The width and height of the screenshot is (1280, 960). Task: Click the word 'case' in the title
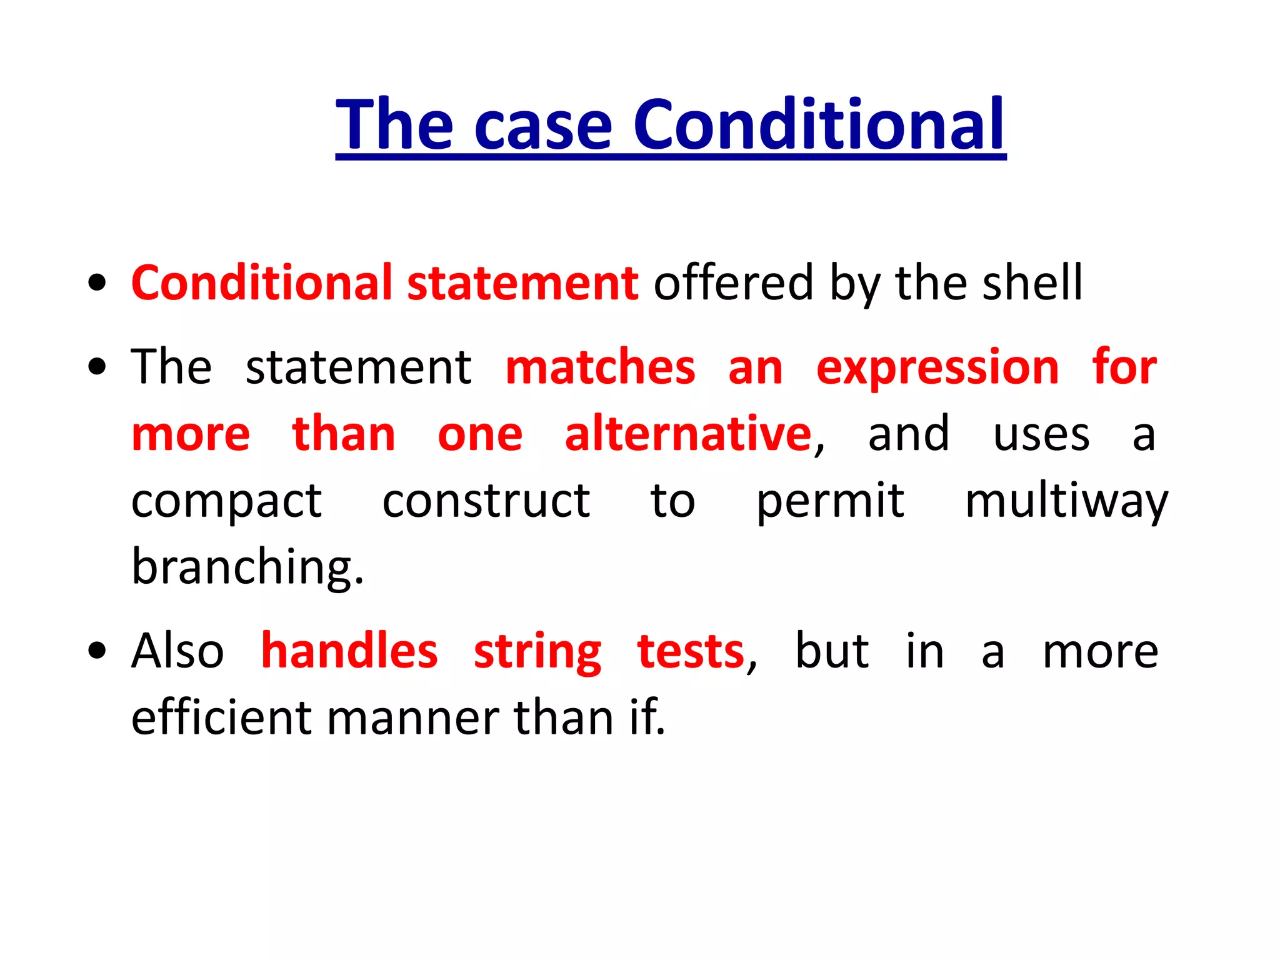542,127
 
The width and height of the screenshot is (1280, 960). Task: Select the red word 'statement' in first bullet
522,283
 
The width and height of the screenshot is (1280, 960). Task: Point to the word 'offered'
733,283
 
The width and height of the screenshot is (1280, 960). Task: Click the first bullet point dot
97,283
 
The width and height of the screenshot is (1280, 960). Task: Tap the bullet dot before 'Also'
97,651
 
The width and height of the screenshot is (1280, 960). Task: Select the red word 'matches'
600,367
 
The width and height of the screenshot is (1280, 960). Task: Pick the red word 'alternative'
687,434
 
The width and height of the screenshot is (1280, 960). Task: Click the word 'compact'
226,502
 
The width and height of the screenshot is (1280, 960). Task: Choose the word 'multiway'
1066,502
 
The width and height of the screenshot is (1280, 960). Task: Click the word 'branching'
246,567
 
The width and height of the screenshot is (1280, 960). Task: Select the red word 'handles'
349,651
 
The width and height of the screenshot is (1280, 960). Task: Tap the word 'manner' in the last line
412,718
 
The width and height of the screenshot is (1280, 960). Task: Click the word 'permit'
829,502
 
